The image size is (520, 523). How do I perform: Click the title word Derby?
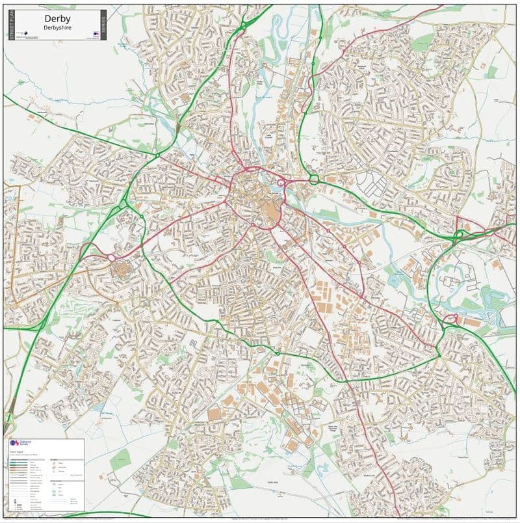coord(57,20)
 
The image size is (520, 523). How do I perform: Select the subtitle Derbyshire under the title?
coord(57,29)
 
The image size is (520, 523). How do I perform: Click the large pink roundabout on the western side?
coord(111,258)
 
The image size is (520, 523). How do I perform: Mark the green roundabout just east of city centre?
coord(313,179)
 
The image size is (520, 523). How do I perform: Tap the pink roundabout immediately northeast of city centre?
coord(281,184)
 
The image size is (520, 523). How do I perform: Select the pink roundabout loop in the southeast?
coord(450,319)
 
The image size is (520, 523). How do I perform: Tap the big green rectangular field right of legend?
coord(121,461)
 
